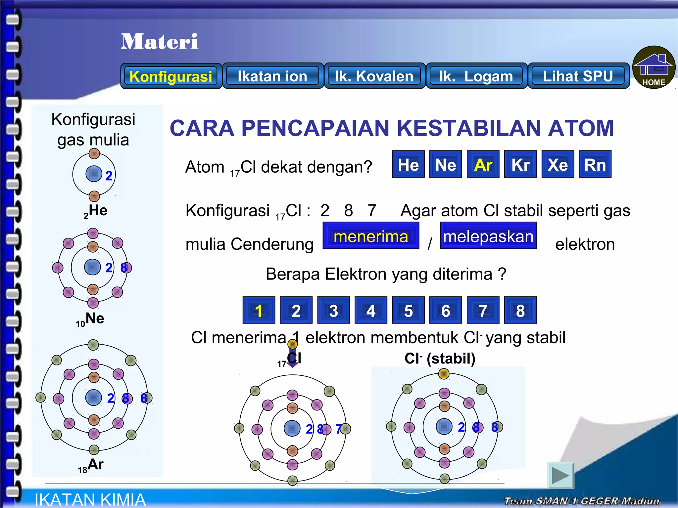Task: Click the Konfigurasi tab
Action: pyautogui.click(x=171, y=76)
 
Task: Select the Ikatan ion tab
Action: pyautogui.click(x=272, y=76)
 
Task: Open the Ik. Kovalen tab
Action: pyautogui.click(x=374, y=76)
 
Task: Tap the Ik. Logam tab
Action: pyautogui.click(x=476, y=76)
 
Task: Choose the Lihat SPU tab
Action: pyautogui.click(x=578, y=76)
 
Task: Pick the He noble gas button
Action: pyautogui.click(x=408, y=164)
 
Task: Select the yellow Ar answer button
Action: pyautogui.click(x=483, y=164)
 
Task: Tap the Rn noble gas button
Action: pyautogui.click(x=595, y=164)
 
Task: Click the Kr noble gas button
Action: pyautogui.click(x=520, y=164)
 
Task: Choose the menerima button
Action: pyautogui.click(x=371, y=236)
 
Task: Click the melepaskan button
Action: pyautogui.click(x=488, y=236)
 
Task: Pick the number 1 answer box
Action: pyautogui.click(x=259, y=310)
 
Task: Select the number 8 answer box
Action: pyautogui.click(x=520, y=310)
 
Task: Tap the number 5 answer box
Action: pyautogui.click(x=408, y=310)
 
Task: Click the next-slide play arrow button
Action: pyautogui.click(x=560, y=476)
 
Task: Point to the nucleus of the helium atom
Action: pyautogui.click(x=94, y=174)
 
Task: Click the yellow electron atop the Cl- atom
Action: pyautogui.click(x=444, y=374)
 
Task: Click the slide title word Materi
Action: pyautogui.click(x=160, y=42)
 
